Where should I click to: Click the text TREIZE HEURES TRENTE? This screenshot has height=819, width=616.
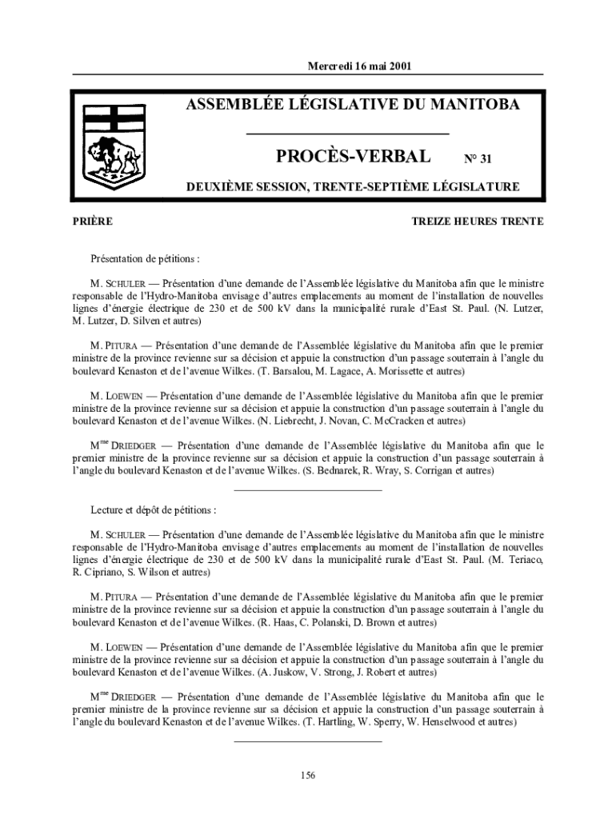pos(478,222)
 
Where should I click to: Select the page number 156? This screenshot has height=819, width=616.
pos(308,774)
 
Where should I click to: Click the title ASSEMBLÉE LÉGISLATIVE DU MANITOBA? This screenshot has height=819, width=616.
pos(353,105)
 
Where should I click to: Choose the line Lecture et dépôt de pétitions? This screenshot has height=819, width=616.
pos(154,509)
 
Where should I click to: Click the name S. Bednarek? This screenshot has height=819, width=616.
pos(334,472)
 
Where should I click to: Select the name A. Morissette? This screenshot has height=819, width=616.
pos(380,372)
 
